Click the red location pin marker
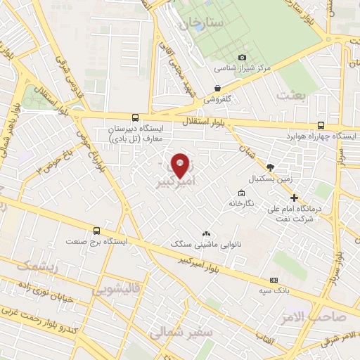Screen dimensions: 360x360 tap(180, 165)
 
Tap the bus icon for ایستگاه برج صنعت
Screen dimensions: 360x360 tap(96, 231)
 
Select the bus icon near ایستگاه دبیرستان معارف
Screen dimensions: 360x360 tap(134, 117)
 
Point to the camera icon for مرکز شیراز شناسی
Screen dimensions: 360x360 tap(243, 57)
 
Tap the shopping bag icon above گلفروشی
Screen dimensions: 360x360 tap(217, 89)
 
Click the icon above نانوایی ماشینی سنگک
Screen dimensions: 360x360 tap(205, 233)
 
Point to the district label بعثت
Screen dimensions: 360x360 tap(292, 94)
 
